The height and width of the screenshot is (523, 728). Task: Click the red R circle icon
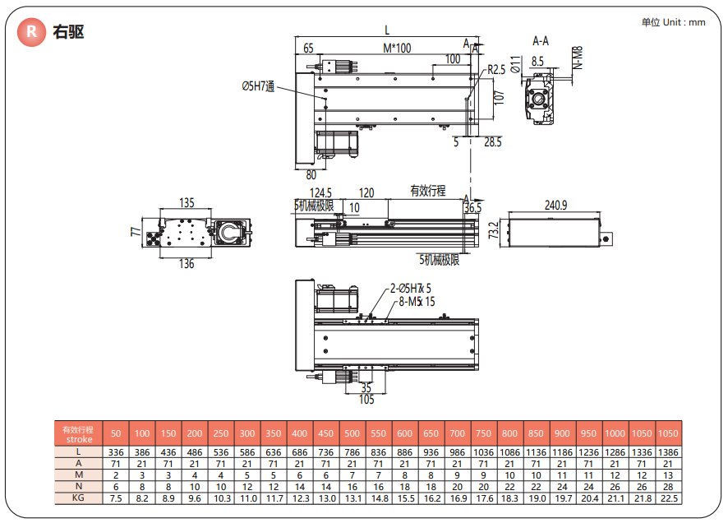click(x=32, y=31)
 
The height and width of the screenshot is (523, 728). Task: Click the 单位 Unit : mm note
click(x=673, y=22)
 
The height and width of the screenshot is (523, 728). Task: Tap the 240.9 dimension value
click(x=555, y=205)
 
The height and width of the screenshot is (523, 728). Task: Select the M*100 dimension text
click(x=396, y=49)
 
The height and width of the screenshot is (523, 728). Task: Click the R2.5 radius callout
click(x=496, y=70)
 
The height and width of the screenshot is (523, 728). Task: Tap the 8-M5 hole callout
click(x=416, y=302)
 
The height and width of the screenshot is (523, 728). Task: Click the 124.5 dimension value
click(x=315, y=193)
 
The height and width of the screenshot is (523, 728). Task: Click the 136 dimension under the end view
click(x=187, y=264)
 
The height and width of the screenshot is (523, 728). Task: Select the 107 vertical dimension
click(x=498, y=96)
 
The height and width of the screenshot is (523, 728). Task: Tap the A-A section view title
click(x=541, y=40)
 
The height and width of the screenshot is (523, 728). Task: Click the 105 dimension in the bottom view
click(x=366, y=400)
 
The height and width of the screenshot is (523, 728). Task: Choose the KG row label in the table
click(x=78, y=498)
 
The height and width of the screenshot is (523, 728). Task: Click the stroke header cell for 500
click(x=352, y=433)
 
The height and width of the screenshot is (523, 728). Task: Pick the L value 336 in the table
click(x=116, y=451)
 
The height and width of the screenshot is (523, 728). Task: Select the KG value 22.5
click(x=669, y=498)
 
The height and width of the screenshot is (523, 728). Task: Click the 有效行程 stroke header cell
click(x=78, y=433)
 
